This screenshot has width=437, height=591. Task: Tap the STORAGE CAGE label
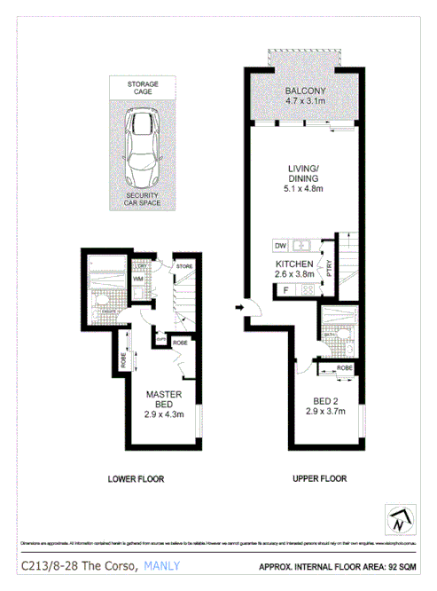(x=141, y=87)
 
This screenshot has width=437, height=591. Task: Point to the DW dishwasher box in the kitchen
(x=279, y=245)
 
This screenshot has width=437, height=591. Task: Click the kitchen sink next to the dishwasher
(x=302, y=245)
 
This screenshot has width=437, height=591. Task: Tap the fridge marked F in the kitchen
(x=285, y=289)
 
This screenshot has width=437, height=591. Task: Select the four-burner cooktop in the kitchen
(x=309, y=289)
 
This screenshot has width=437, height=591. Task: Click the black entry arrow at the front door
(x=239, y=308)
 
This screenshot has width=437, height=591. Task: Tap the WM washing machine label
(x=138, y=280)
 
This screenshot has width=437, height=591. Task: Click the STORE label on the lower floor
(x=184, y=264)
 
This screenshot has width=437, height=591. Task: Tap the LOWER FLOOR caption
(x=136, y=479)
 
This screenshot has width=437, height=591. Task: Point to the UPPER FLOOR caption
(x=319, y=479)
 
